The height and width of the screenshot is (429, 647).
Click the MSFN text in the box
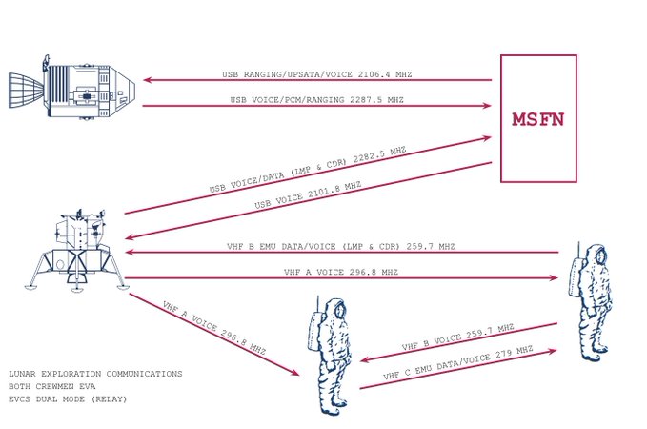[538, 119]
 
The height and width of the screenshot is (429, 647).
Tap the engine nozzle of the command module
[26, 91]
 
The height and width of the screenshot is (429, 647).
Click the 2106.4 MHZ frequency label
[385, 74]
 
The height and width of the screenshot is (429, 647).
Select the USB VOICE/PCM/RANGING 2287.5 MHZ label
[317, 100]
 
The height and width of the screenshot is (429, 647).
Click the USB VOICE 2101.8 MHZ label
[308, 194]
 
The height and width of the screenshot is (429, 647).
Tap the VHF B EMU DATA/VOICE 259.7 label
[341, 247]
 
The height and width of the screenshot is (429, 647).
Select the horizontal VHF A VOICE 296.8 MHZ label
[341, 272]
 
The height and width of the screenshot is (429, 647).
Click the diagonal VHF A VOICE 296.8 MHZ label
[213, 328]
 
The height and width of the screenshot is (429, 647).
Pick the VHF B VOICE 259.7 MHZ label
[458, 337]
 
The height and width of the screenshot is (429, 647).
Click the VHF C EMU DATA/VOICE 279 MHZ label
[458, 362]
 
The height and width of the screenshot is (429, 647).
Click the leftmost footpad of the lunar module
[30, 286]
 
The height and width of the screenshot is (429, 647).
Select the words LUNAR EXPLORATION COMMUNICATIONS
[95, 374]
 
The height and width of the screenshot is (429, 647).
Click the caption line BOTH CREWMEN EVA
[52, 386]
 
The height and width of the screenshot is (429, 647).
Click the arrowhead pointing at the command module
[148, 80]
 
